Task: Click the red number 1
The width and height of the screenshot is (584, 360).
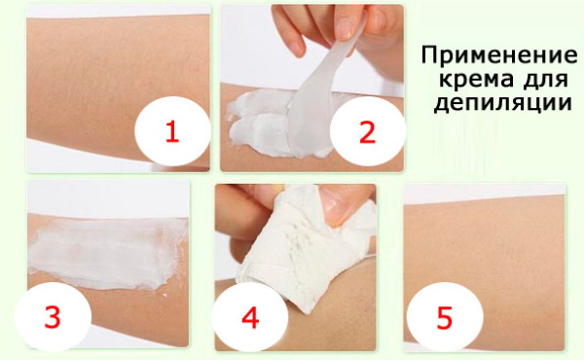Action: click(x=172, y=132)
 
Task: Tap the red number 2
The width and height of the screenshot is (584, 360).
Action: click(x=367, y=132)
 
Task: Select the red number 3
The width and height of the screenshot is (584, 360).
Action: click(x=53, y=318)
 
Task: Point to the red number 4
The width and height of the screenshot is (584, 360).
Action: click(x=250, y=318)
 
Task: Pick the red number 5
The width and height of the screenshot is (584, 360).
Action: click(x=445, y=318)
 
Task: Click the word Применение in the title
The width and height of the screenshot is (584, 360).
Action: click(x=499, y=55)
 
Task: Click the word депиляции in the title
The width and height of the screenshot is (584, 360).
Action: click(x=503, y=103)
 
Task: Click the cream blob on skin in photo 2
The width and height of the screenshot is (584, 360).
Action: click(x=261, y=119)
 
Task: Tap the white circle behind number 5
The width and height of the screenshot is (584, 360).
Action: click(x=445, y=318)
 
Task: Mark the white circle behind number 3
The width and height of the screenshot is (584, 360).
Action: click(x=53, y=318)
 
